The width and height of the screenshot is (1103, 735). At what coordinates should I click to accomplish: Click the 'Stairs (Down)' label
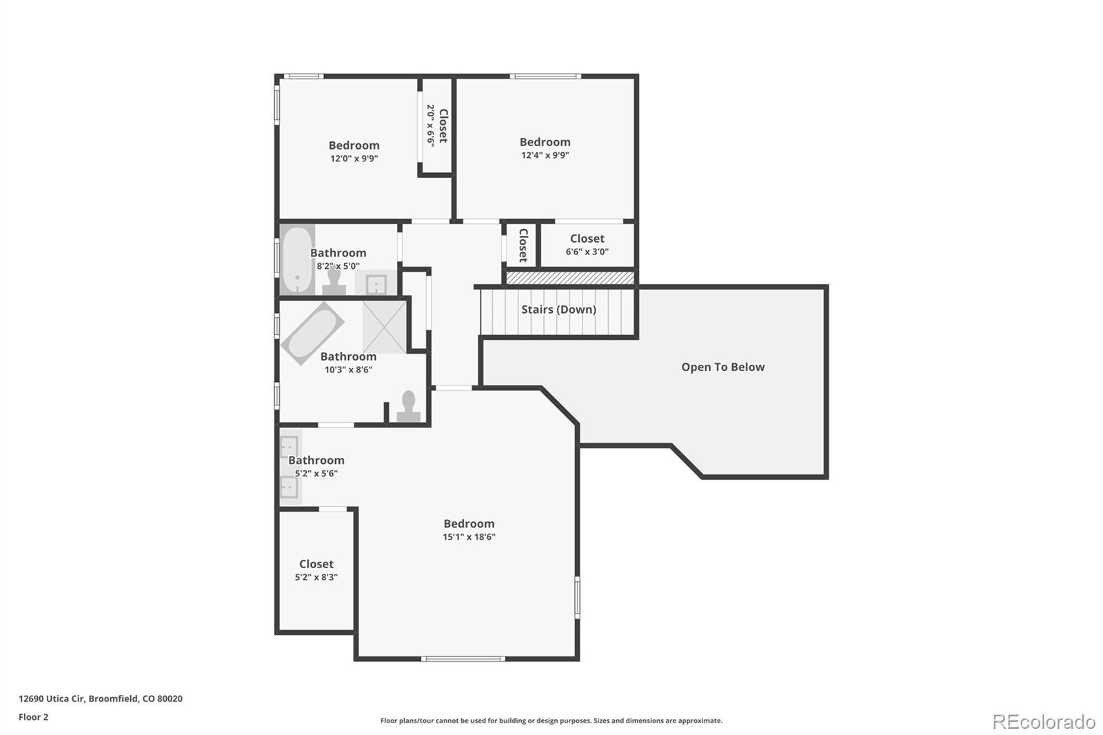(x=558, y=310)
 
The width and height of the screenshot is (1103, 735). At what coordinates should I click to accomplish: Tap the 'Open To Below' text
(x=722, y=367)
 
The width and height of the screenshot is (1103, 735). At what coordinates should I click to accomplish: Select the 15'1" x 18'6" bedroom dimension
(x=469, y=537)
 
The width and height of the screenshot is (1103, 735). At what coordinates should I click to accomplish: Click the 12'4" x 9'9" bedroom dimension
(x=545, y=155)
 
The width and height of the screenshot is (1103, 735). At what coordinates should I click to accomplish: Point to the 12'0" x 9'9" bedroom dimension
(x=354, y=159)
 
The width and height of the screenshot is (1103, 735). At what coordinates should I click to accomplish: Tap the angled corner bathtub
(x=312, y=333)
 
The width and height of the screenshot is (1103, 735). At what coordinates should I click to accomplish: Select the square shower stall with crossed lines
(x=385, y=327)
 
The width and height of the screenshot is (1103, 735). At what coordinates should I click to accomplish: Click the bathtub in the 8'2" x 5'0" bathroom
(x=297, y=259)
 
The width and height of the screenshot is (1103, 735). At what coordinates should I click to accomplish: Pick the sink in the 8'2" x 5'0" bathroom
(x=376, y=283)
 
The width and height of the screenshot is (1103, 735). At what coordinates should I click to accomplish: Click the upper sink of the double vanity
(x=289, y=447)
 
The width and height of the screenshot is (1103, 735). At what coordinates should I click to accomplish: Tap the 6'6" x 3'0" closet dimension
(x=587, y=252)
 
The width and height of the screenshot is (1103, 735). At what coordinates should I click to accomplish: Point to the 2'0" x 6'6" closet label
(x=436, y=125)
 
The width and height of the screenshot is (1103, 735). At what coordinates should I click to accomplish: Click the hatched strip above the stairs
(x=569, y=278)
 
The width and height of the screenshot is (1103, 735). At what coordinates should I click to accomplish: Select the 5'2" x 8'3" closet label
(x=316, y=571)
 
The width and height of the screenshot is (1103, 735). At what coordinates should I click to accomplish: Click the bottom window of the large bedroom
(x=463, y=658)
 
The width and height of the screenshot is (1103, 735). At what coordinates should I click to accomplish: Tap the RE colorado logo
(x=1043, y=722)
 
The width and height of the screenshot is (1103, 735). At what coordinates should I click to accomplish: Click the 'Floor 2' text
(x=33, y=717)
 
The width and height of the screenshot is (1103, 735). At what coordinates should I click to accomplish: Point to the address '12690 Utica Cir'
(x=52, y=698)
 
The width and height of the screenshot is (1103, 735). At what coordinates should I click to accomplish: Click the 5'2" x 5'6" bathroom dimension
(x=316, y=474)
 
